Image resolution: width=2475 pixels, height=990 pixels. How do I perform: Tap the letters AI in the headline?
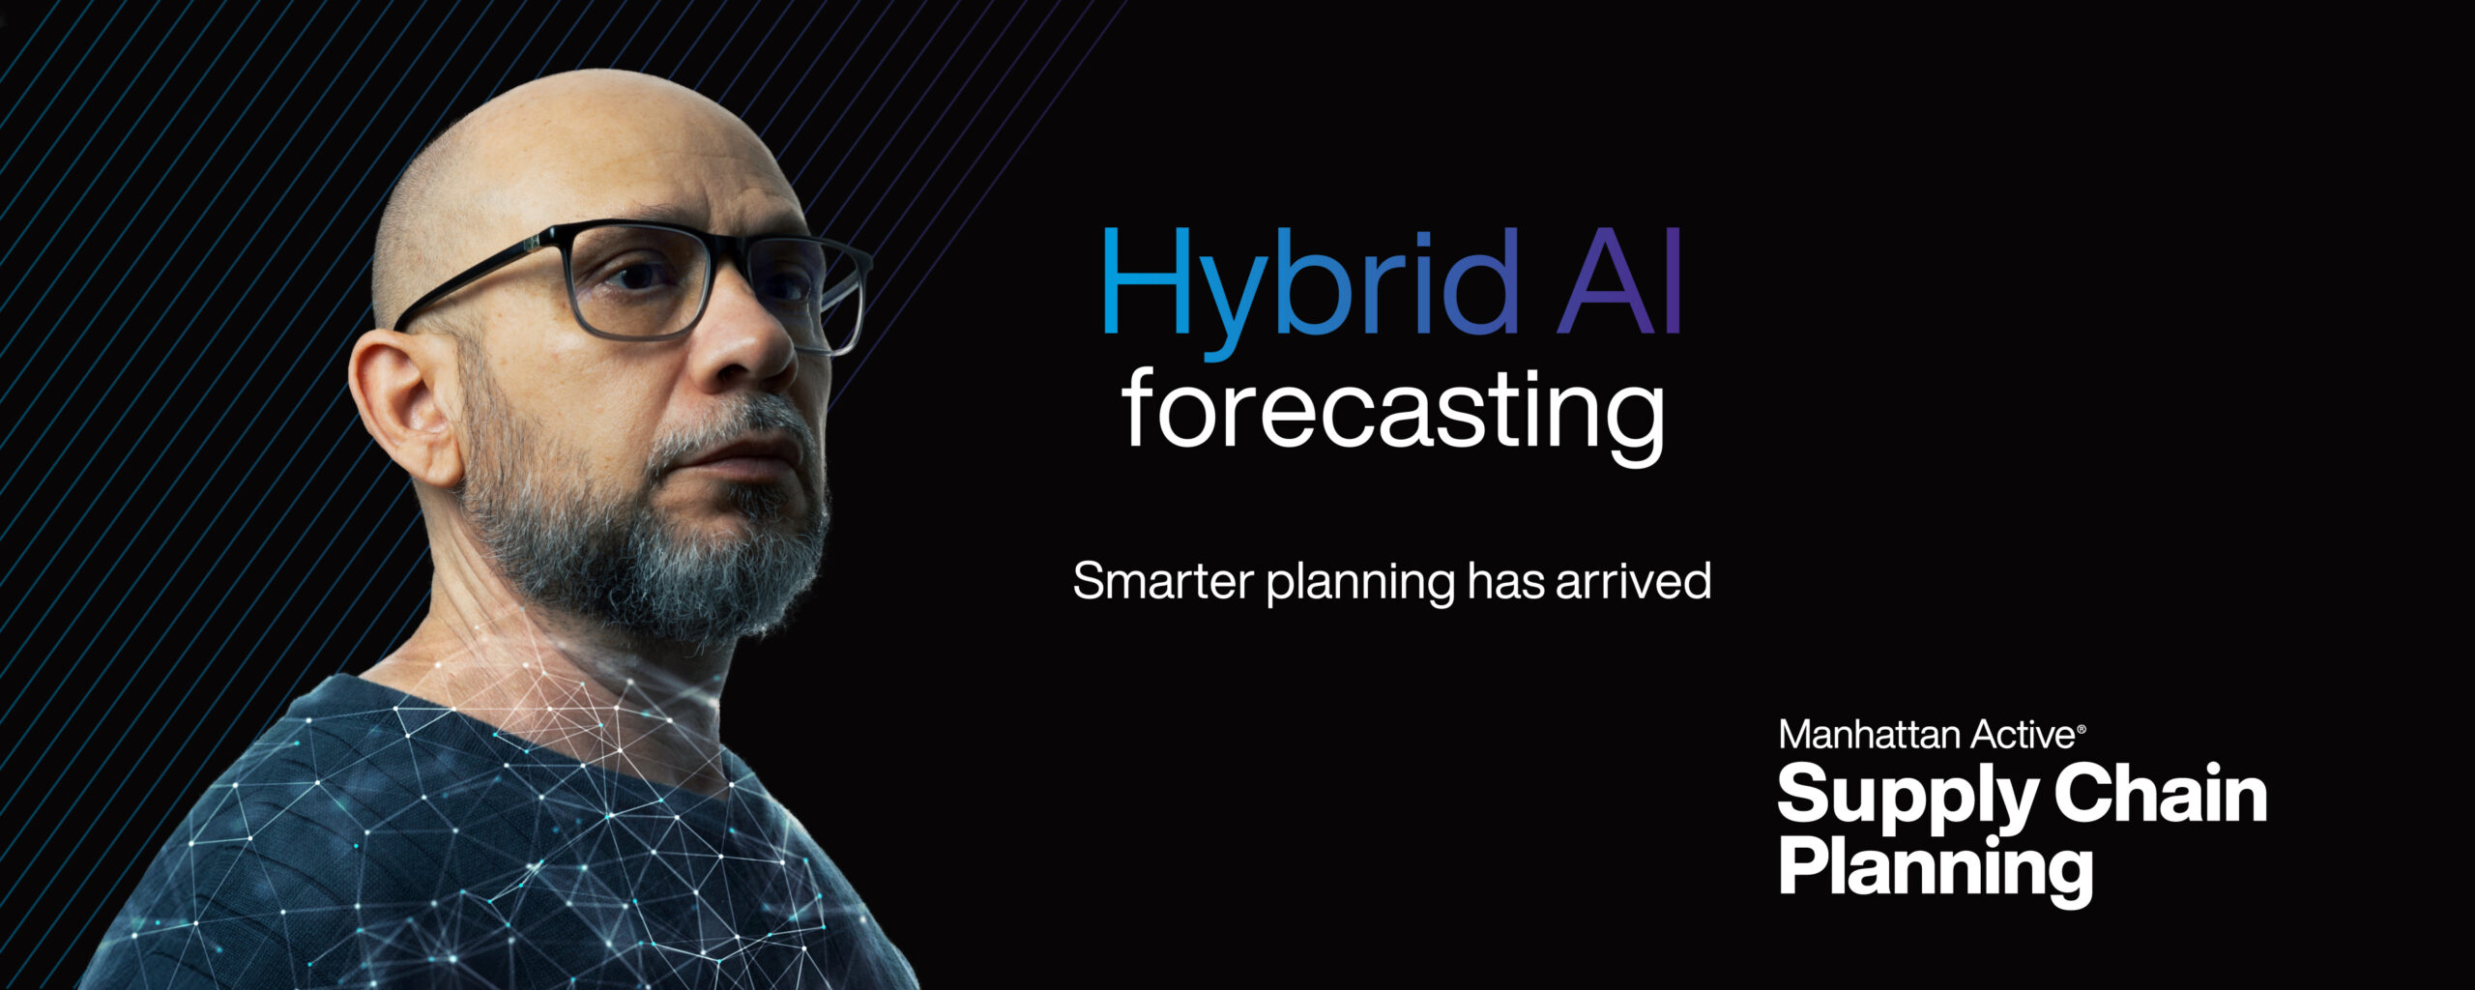click(1620, 281)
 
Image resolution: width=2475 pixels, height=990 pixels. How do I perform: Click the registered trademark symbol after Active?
click(2081, 728)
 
